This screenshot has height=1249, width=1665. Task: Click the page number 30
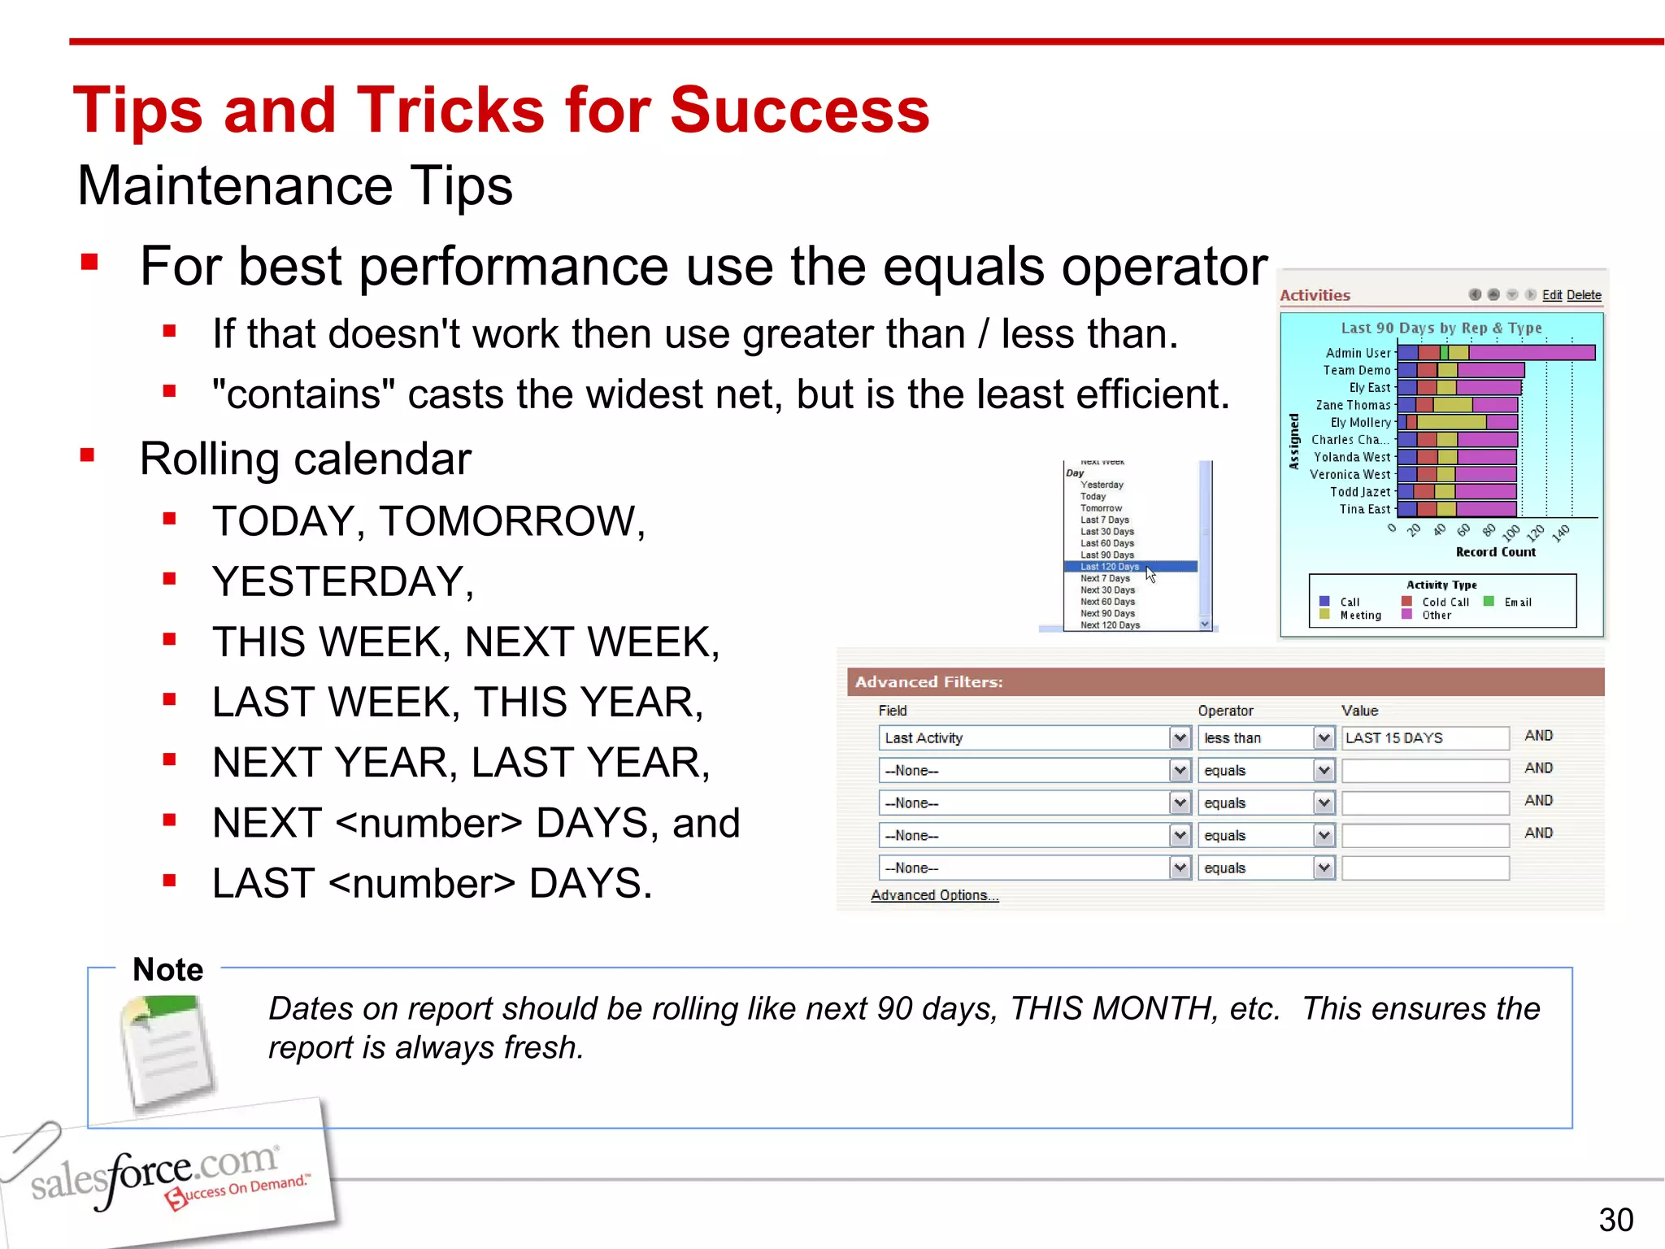(1615, 1220)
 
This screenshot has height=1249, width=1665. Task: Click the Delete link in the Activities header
(1583, 295)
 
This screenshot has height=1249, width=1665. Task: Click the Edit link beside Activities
(1551, 295)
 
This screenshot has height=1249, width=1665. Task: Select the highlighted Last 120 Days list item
(1110, 567)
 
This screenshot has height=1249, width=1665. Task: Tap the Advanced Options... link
(934, 895)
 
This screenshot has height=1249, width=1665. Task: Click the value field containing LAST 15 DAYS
(1424, 738)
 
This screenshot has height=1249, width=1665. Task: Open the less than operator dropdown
(1324, 738)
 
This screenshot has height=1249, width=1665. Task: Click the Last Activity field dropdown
(1180, 738)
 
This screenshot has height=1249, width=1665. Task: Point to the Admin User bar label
(1358, 353)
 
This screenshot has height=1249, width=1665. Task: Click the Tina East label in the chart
(1364, 510)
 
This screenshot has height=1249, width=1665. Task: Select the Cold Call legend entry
(1445, 603)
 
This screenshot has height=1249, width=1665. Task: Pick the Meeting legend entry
(1360, 616)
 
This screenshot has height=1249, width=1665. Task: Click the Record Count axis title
(1495, 552)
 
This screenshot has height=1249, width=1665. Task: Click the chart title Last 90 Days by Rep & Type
(1441, 329)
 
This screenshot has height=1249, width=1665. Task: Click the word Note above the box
(168, 969)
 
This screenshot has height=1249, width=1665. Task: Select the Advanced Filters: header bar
(1224, 682)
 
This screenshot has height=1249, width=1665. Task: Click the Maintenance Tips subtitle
(295, 186)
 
